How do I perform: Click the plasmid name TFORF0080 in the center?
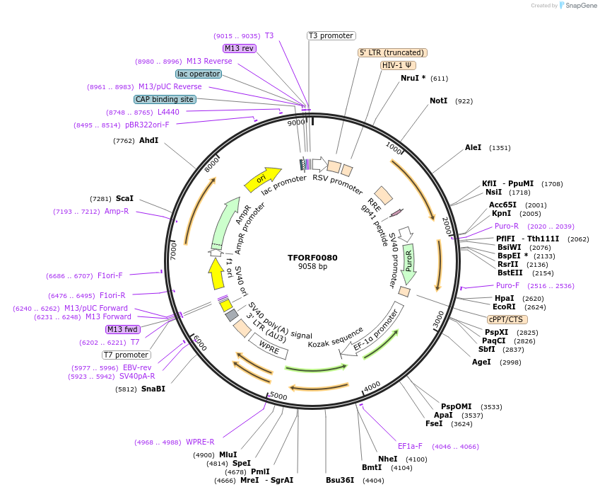point(312,257)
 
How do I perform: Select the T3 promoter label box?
point(331,35)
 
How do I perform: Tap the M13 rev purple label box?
point(239,48)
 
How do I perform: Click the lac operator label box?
point(199,74)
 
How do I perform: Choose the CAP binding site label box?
point(165,100)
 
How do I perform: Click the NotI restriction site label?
point(438,101)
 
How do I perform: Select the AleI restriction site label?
point(473,148)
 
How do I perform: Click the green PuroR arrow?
point(408,263)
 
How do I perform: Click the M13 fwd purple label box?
point(122,329)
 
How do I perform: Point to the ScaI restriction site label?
point(124,198)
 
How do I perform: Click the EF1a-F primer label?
point(410,446)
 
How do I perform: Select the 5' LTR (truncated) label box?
point(392,52)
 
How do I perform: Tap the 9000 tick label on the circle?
point(295,122)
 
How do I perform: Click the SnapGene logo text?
point(579,6)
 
